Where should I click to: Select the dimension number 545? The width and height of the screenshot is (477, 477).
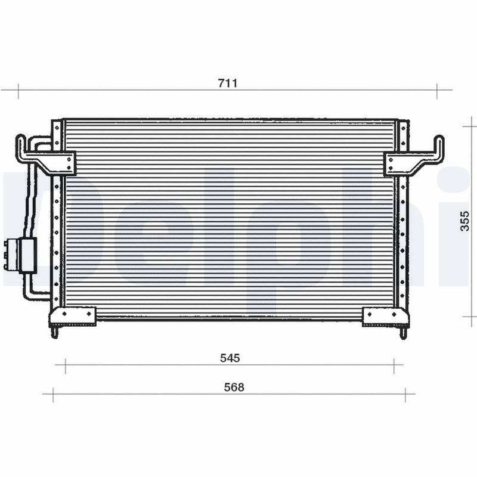[230, 358]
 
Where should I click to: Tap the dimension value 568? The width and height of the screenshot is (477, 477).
[234, 387]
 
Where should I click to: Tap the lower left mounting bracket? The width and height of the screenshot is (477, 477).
[72, 316]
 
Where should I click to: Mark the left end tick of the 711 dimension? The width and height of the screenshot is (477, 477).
[18, 91]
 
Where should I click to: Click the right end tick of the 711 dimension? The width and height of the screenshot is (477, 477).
[437, 91]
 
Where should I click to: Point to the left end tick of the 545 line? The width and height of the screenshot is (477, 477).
[65, 366]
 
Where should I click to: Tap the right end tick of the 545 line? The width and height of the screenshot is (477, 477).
[394, 366]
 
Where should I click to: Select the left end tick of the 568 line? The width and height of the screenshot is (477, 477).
[52, 394]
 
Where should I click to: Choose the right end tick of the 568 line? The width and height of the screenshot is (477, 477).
[405, 394]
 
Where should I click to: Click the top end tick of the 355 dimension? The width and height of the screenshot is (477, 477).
[472, 126]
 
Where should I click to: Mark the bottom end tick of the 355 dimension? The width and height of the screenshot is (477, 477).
[472, 317]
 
